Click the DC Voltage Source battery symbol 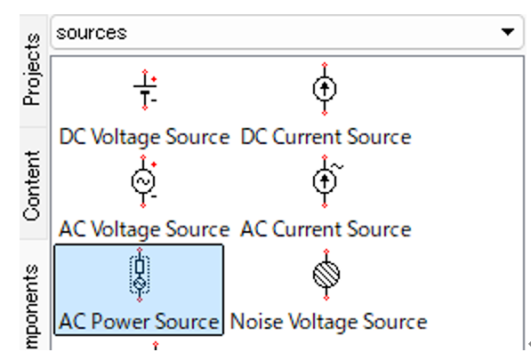click(145, 90)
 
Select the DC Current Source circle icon click(325, 89)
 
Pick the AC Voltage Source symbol click(143, 181)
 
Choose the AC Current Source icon click(326, 181)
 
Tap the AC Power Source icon click(140, 275)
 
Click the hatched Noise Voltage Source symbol click(326, 275)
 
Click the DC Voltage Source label click(145, 137)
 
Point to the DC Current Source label click(326, 137)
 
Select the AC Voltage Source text click(145, 229)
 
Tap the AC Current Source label click(326, 229)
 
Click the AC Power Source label click(139, 322)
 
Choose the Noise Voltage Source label click(328, 322)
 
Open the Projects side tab click(32, 69)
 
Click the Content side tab click(32, 186)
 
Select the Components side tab click(32, 306)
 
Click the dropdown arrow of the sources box click(508, 32)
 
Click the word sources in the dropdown click(92, 33)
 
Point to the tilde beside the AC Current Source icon click(337, 166)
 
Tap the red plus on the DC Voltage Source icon click(154, 79)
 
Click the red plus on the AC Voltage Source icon click(154, 164)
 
